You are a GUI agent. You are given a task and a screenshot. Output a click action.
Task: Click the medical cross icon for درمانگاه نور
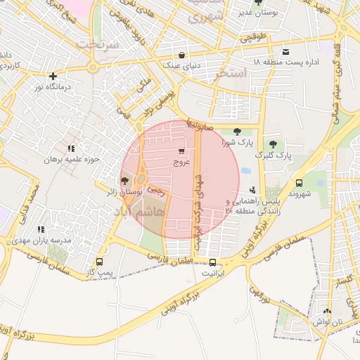coord(53,76)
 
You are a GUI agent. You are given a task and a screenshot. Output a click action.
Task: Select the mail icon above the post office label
coord(285,52)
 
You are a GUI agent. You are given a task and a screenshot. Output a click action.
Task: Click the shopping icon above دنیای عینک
coord(182,55)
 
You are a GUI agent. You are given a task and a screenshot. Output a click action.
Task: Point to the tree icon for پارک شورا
coord(236,131)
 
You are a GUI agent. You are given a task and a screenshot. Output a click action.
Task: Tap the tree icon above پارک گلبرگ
coord(273,144)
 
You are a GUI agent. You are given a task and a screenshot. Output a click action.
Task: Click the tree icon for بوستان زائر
coord(124,181)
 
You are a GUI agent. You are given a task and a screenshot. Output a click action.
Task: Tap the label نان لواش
coord(326,321)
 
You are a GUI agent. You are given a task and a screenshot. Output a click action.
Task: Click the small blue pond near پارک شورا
coord(245,170)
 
